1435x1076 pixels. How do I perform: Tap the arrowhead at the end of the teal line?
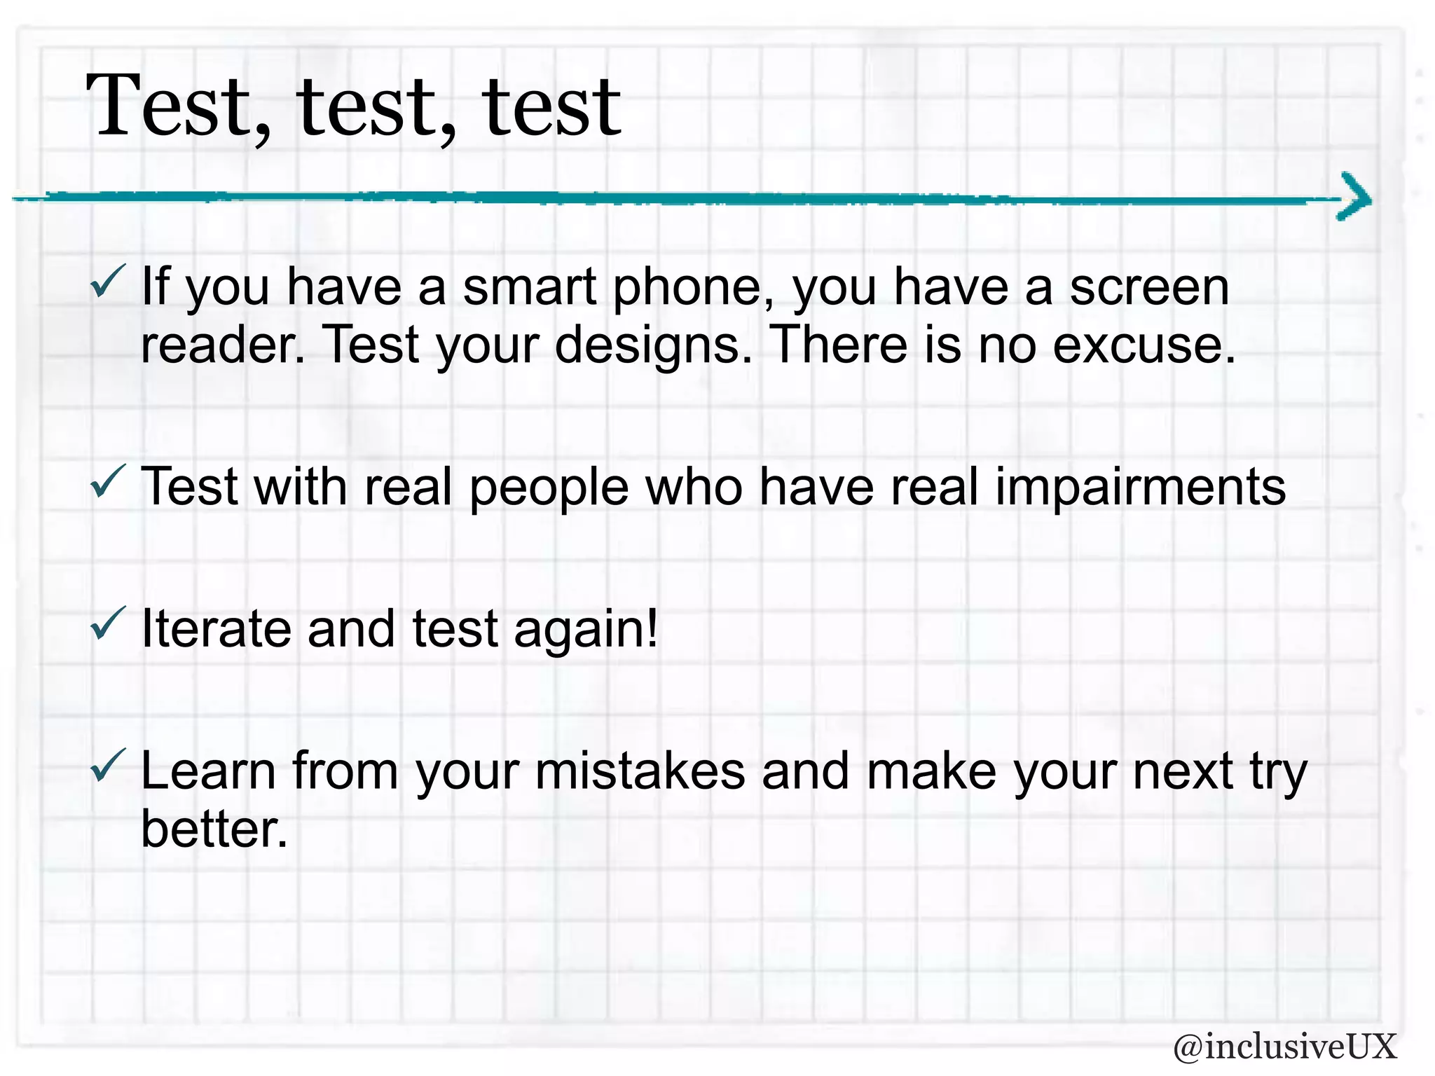1355,197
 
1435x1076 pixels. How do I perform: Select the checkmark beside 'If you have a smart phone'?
108,282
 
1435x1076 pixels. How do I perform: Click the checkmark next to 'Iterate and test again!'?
108,623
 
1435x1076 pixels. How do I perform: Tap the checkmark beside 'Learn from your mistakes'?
108,765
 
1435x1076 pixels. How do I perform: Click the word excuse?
1144,346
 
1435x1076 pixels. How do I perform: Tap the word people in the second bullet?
549,488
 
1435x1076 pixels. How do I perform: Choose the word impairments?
1140,488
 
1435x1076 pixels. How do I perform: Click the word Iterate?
216,629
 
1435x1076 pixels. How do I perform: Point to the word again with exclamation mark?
586,629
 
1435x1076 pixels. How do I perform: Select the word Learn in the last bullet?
209,771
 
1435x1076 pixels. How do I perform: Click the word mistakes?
640,771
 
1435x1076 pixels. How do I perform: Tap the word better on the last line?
214,829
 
